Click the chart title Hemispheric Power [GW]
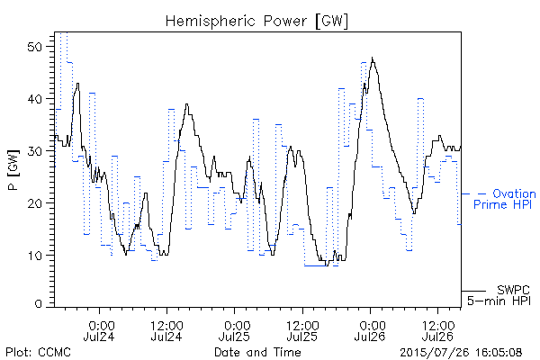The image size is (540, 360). (256, 22)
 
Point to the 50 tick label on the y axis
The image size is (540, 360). (35, 47)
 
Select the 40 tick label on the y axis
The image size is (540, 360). (35, 99)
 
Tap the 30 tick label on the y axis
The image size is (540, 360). (35, 151)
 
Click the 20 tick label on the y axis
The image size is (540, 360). (35, 202)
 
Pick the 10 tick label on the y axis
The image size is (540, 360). (35, 256)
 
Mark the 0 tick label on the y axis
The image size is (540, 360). (40, 304)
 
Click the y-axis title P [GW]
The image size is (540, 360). (13, 170)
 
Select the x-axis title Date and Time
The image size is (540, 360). (257, 352)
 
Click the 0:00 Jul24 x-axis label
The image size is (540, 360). (99, 330)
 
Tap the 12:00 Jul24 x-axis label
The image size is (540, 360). (166, 330)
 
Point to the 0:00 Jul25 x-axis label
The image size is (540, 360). (235, 330)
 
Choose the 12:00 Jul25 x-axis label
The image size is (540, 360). (302, 330)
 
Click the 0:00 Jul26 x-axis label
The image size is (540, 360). (370, 330)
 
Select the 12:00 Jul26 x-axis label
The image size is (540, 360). (437, 330)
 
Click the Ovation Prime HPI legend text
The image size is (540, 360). (505, 199)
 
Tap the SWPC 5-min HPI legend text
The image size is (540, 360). (499, 295)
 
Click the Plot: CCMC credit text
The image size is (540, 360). (38, 352)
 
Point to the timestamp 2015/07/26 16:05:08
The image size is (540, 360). (461, 353)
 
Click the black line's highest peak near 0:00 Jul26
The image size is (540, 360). (372, 58)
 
